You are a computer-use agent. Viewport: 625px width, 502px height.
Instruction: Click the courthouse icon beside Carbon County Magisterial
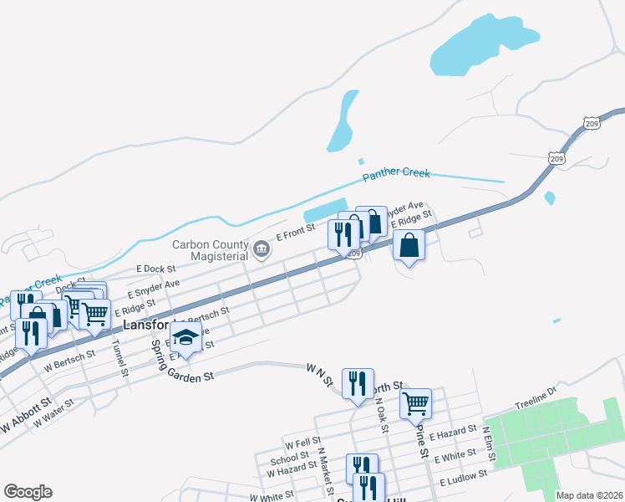tap(262, 247)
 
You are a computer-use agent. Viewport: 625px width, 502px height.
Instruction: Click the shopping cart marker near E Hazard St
tap(415, 403)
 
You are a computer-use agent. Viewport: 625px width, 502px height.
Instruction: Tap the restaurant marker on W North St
tap(358, 384)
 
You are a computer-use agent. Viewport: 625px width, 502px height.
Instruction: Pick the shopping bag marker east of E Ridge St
tap(409, 246)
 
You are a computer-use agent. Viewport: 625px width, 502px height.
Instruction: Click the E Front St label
tap(295, 231)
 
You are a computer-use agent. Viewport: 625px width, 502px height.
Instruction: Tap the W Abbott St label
tap(26, 416)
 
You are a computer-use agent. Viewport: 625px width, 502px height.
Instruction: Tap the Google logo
tap(28, 492)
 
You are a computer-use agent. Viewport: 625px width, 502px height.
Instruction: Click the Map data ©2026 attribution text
tap(588, 495)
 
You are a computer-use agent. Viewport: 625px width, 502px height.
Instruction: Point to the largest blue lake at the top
tap(485, 49)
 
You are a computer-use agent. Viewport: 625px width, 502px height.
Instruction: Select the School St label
tap(290, 460)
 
